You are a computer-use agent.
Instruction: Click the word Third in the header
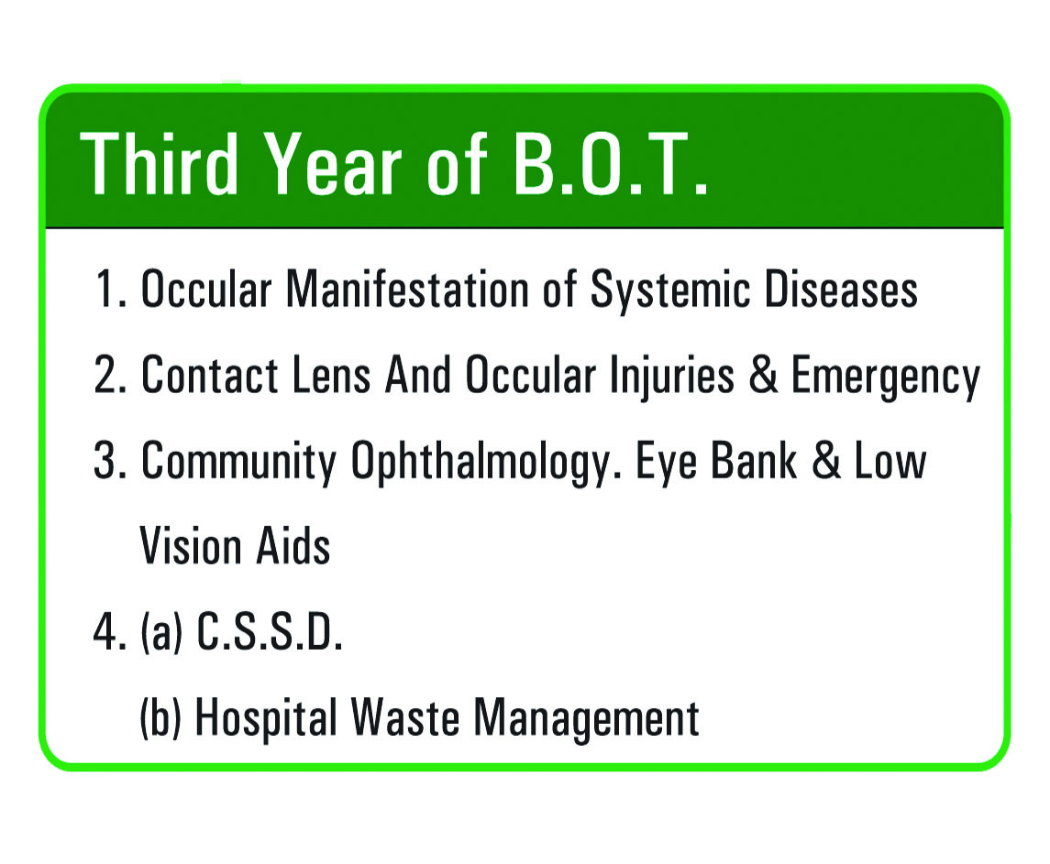pyautogui.click(x=159, y=163)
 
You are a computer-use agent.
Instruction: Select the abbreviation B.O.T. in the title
pyautogui.click(x=611, y=163)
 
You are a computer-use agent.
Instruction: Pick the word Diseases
pyautogui.click(x=841, y=290)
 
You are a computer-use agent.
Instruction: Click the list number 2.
pyautogui.click(x=110, y=374)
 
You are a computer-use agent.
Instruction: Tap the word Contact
pyautogui.click(x=209, y=374)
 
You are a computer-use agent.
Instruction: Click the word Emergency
pyautogui.click(x=885, y=377)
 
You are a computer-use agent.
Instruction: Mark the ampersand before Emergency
pyautogui.click(x=763, y=374)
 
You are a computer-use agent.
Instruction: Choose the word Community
pyautogui.click(x=238, y=463)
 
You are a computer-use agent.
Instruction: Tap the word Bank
pyautogui.click(x=754, y=460)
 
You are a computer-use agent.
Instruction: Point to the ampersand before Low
pyautogui.click(x=826, y=460)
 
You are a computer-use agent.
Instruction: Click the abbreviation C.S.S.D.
pyautogui.click(x=270, y=631)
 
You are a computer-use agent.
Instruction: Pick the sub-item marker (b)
pyautogui.click(x=160, y=717)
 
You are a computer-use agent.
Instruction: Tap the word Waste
pyautogui.click(x=405, y=716)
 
